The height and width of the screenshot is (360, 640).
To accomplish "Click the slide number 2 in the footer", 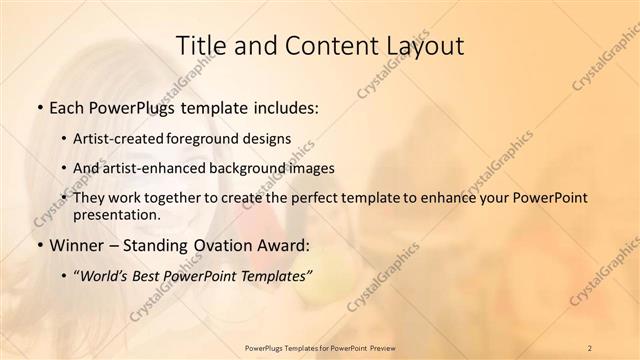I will point(591,347).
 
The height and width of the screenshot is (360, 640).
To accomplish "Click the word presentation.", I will point(123,215).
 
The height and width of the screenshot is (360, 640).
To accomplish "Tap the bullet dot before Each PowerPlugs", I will point(38,108).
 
